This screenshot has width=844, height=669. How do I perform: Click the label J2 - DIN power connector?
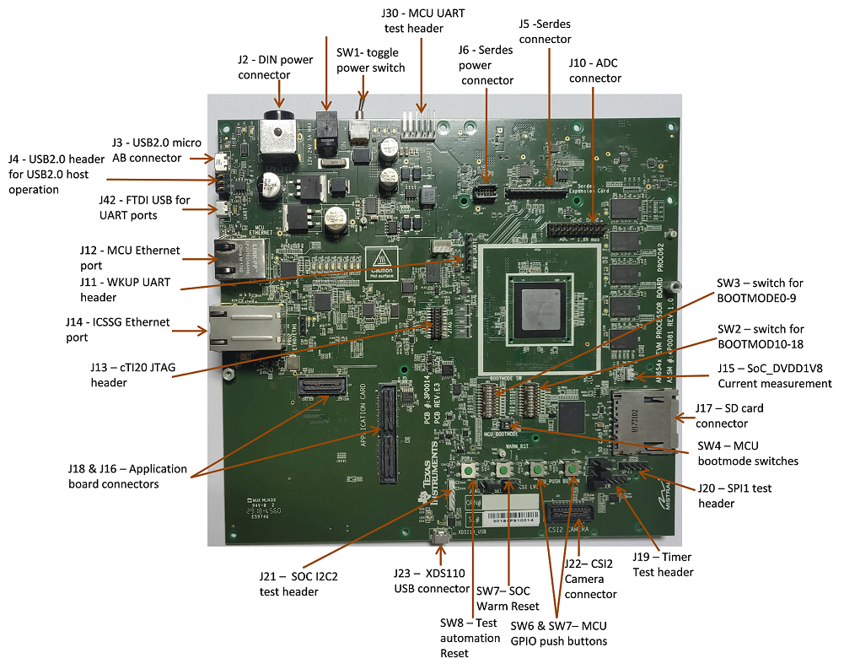267,67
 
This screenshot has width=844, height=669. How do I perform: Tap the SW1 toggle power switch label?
370,60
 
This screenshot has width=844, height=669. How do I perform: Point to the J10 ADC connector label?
594,71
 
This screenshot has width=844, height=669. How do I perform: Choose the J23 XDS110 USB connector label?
431,580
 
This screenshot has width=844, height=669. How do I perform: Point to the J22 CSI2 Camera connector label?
591,579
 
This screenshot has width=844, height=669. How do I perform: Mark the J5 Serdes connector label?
545,31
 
